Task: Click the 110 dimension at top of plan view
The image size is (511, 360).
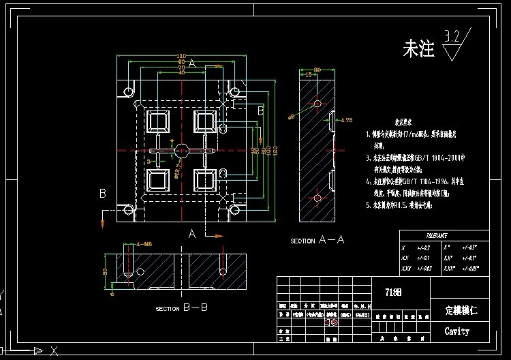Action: [181, 56]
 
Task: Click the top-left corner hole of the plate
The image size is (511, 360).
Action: [127, 91]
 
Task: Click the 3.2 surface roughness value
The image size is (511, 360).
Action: [452, 35]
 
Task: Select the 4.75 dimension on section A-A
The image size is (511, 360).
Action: [347, 121]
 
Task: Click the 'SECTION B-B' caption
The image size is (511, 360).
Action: [181, 308]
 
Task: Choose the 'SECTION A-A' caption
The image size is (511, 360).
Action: [318, 241]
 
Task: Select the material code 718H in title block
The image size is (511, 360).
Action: [394, 292]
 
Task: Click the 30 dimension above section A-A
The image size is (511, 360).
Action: [317, 68]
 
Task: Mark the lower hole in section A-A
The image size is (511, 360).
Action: [317, 198]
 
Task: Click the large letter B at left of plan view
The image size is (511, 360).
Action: [103, 194]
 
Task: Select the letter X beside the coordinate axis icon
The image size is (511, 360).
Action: [53, 350]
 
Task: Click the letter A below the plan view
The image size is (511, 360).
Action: [193, 234]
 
